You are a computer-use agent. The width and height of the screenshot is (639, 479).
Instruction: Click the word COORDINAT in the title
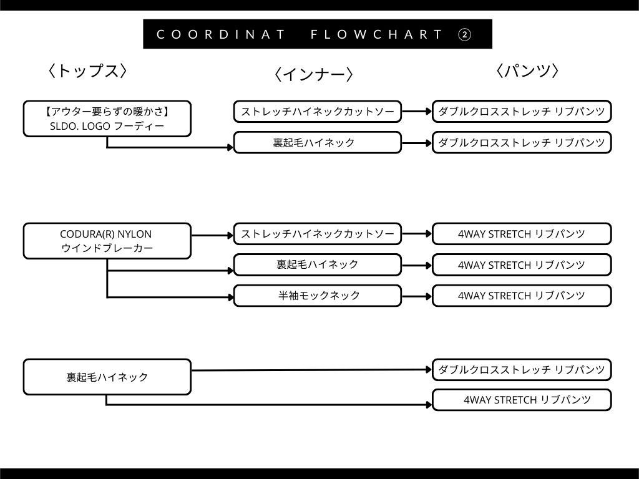(221, 34)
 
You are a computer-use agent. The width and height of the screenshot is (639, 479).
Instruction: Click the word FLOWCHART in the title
(376, 34)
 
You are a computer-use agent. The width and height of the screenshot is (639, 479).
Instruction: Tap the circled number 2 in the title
(465, 34)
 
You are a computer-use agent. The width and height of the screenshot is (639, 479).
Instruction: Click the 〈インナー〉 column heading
(313, 75)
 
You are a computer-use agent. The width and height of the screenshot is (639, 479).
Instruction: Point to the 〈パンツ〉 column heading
(527, 71)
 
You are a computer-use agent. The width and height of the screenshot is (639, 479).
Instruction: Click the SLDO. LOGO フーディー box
(107, 119)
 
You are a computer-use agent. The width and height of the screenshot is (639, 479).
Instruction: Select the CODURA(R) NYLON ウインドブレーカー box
(107, 241)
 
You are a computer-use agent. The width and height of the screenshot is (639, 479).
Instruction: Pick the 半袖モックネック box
(318, 295)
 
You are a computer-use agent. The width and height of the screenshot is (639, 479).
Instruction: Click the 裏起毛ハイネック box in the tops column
(107, 377)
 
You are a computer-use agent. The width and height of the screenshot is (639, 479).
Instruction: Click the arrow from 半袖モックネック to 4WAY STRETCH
(416, 295)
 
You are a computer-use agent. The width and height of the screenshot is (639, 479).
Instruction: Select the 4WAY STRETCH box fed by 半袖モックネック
(522, 295)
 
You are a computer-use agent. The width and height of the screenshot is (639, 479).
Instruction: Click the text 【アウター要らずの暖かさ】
(107, 112)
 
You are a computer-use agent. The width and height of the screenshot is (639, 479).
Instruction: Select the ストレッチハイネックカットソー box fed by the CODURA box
(318, 235)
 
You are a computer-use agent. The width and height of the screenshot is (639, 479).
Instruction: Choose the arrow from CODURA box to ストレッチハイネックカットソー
(212, 235)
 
